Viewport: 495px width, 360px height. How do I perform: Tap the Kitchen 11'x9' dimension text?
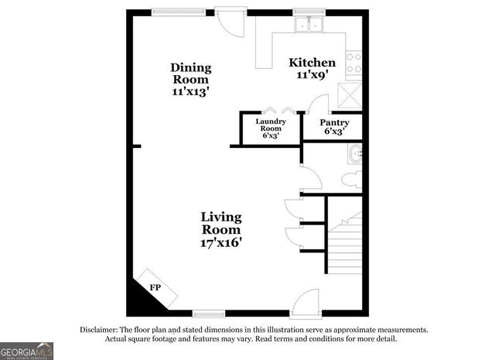pyautogui.click(x=312, y=76)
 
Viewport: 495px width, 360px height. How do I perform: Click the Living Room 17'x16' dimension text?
pyautogui.click(x=221, y=242)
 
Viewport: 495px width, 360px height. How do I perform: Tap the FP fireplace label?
pyautogui.click(x=155, y=288)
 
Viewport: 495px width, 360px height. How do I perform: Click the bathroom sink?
pyautogui.click(x=355, y=153)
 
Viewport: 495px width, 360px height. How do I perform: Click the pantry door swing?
pyautogui.click(x=318, y=106)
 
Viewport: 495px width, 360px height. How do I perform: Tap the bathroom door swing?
pyautogui.click(x=310, y=177)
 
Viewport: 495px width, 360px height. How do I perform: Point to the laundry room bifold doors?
pyautogui.click(x=277, y=110)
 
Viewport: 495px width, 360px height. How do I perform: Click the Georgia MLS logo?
pyautogui.click(x=26, y=351)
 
